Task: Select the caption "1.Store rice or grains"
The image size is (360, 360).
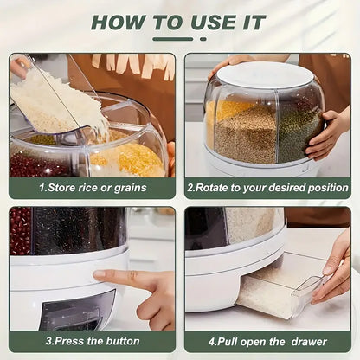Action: coord(92,188)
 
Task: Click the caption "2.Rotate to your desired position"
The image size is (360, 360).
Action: coord(268,188)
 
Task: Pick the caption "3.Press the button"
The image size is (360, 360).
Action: coord(92,341)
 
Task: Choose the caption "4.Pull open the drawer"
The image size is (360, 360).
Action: coord(268,341)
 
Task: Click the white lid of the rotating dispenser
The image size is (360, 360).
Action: coord(264,75)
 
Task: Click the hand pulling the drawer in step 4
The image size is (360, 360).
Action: coord(333,268)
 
